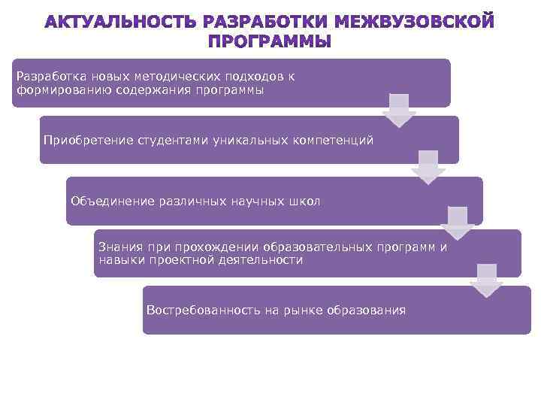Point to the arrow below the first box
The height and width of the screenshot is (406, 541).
[x=399, y=109]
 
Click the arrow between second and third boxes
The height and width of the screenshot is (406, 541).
[x=428, y=167]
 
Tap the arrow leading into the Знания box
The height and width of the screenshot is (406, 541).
[x=457, y=223]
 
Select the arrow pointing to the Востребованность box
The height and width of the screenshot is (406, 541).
[x=486, y=280]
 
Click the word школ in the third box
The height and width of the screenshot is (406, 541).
[x=304, y=201]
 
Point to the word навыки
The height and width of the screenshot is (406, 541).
[x=119, y=260]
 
